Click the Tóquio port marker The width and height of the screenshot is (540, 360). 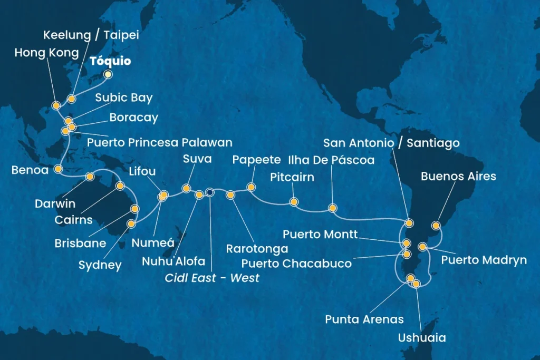pos(108,75)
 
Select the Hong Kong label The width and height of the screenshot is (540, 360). pos(46,53)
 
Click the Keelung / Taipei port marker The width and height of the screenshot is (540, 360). pos(71,99)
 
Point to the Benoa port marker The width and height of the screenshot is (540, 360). pos(58,169)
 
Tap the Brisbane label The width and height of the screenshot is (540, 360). pos(80,244)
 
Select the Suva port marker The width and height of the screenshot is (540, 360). pos(186,188)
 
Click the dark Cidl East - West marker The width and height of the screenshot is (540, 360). pos(210,192)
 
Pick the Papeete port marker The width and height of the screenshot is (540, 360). pos(251,187)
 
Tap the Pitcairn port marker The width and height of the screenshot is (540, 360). pos(294,202)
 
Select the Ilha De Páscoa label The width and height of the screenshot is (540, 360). pos(331,160)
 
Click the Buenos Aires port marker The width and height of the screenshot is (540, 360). pos(436,226)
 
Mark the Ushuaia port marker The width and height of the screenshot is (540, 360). pos(416,284)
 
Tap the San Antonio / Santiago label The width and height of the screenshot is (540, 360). pos(391,143)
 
